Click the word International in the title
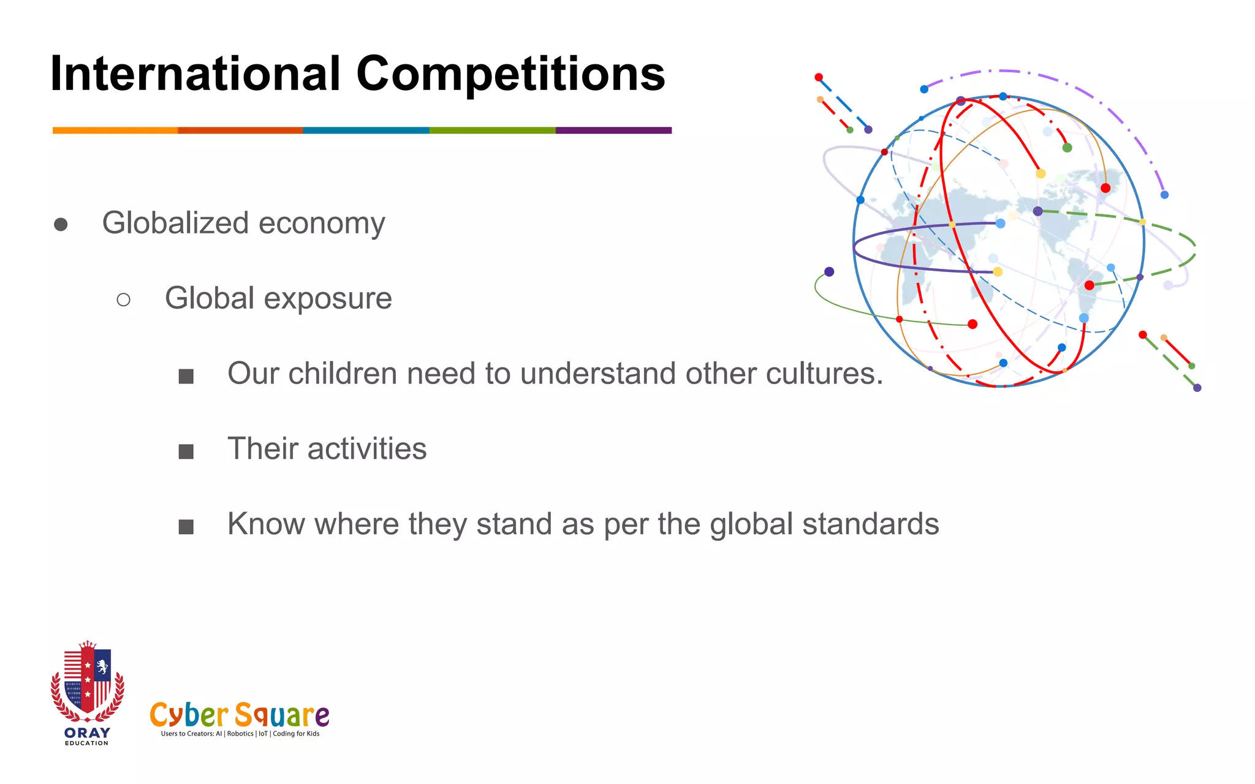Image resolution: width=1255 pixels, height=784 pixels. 195,74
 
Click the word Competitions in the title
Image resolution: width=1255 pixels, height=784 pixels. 510,74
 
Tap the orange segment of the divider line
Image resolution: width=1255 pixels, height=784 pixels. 115,130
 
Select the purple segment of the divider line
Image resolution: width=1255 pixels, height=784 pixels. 613,130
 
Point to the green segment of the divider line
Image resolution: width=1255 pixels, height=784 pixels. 492,130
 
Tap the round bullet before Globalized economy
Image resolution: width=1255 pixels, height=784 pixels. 61,225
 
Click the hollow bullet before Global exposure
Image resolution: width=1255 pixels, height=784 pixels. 123,300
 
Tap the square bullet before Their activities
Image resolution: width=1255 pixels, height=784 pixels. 186,451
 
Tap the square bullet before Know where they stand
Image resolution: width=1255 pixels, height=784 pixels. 186,527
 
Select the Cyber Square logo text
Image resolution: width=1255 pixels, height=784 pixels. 239,714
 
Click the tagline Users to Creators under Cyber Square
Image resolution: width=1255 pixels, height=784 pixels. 240,734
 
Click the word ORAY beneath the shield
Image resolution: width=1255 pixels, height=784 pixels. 87,733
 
